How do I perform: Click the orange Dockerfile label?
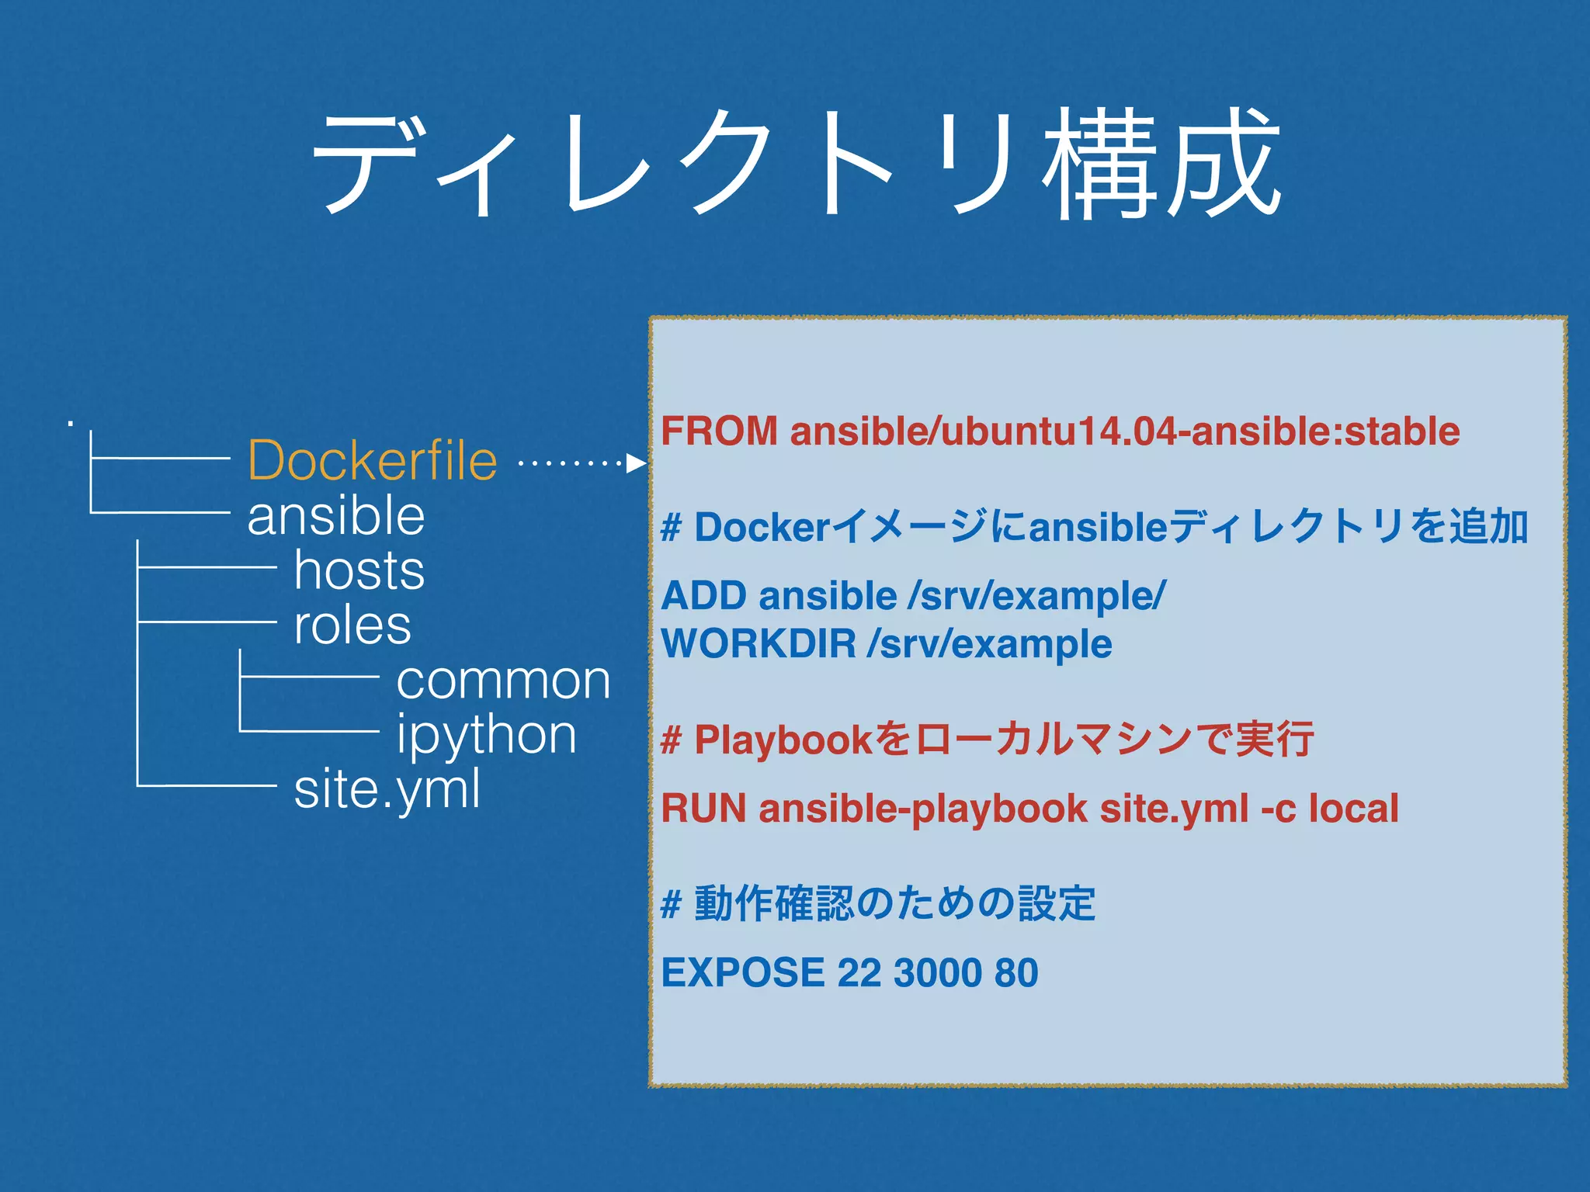(372, 461)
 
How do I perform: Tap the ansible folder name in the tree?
(336, 517)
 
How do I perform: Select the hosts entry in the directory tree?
(359, 571)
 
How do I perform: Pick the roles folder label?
(352, 625)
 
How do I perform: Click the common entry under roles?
(503, 681)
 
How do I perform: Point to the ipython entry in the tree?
(487, 736)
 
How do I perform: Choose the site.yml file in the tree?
(387, 790)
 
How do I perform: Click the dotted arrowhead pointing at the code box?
(637, 463)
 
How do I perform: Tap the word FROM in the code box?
(719, 431)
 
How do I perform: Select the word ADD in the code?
(702, 596)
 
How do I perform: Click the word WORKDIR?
(758, 644)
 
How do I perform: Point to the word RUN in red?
(703, 809)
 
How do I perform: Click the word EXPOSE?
(743, 973)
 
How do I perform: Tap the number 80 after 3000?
(1016, 973)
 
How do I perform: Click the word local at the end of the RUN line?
(1354, 809)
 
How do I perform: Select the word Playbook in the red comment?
(783, 740)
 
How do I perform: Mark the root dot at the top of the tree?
(71, 424)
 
